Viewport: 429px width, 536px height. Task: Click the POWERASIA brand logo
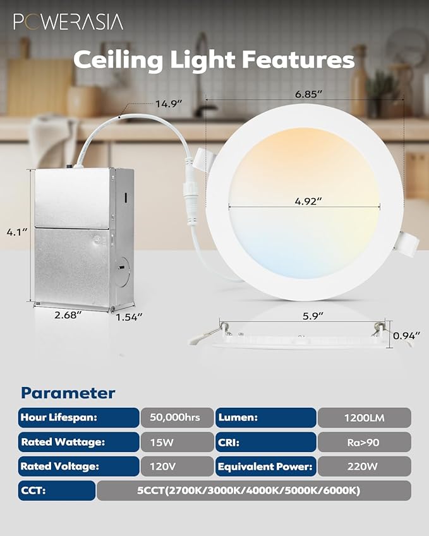(68, 22)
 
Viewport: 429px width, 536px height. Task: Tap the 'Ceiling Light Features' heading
(214, 60)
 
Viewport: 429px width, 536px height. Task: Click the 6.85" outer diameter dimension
(309, 93)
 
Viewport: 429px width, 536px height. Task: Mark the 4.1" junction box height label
(16, 232)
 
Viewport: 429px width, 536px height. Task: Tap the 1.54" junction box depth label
(130, 316)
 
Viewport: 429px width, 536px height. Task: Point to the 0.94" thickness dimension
(407, 336)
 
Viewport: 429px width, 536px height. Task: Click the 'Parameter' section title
(68, 393)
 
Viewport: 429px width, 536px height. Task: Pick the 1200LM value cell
(364, 417)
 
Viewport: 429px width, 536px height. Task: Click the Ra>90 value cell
(364, 442)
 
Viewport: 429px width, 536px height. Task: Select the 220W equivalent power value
(364, 467)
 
